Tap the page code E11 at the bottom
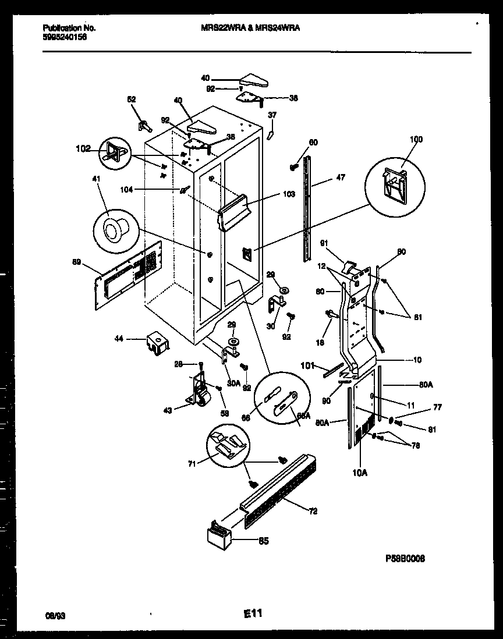point(253,613)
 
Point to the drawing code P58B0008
point(405,558)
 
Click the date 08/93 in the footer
point(54,615)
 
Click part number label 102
point(83,148)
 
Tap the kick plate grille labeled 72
point(279,492)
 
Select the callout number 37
point(272,115)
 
